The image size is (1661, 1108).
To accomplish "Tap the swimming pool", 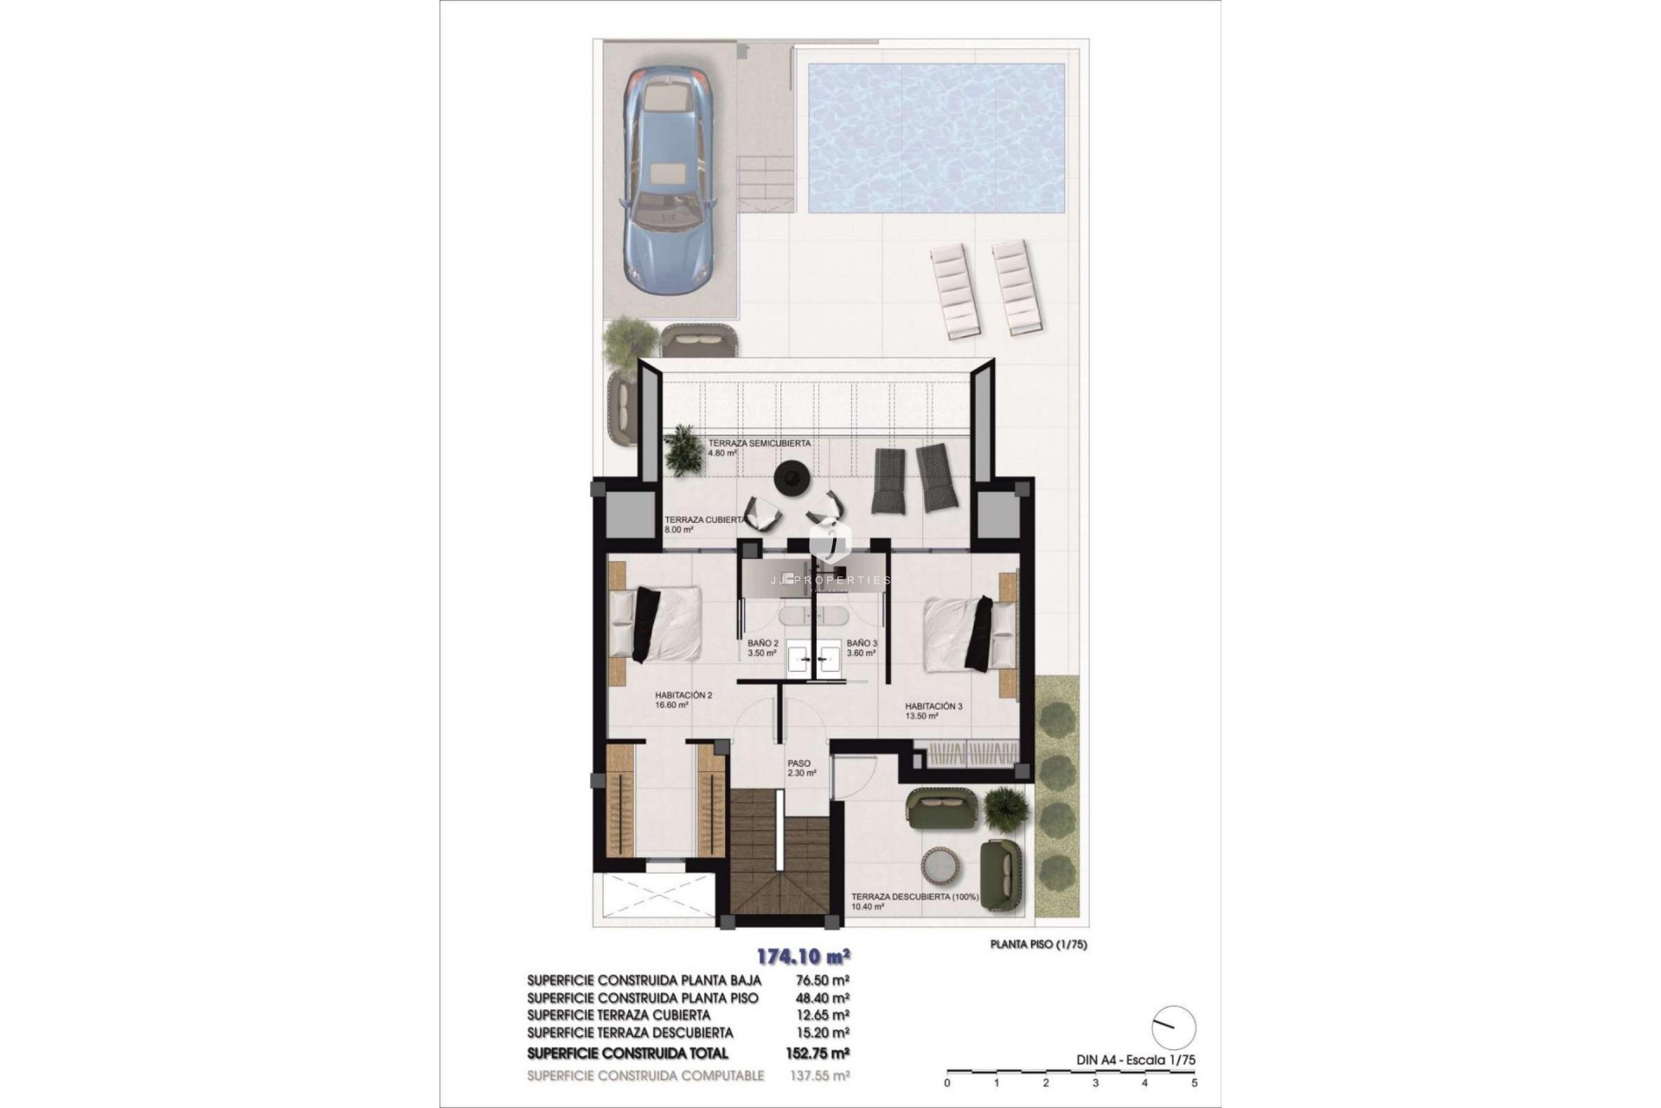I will [936, 138].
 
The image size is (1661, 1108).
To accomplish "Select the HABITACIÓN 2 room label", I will [683, 699].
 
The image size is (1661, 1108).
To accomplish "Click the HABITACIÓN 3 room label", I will [933, 712].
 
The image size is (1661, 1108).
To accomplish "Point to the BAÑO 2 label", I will [763, 648].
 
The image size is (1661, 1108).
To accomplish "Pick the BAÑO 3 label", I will [862, 648].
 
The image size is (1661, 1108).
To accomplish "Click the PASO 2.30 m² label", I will [801, 769].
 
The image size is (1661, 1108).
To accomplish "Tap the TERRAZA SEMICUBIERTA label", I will [759, 448].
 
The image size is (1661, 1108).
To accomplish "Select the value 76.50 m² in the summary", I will [821, 980].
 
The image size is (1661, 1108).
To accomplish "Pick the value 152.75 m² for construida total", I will [821, 1053].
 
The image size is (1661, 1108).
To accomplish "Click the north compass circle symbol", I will [1174, 1027].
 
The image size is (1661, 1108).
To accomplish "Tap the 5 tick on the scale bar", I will [1194, 1082].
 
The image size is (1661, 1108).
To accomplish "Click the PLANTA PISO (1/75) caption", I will [1038, 944].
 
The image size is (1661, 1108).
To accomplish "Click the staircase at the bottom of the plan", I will [785, 857].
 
